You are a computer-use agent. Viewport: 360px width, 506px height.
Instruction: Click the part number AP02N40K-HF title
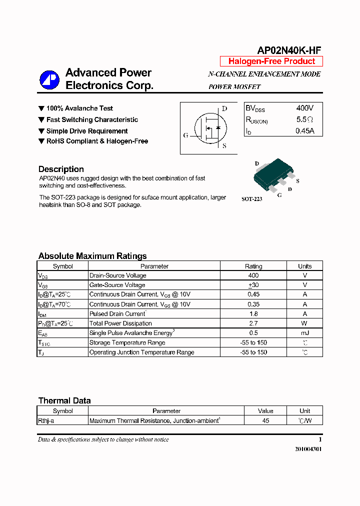[x=288, y=50]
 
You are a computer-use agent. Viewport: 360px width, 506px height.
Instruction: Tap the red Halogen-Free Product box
[x=271, y=61]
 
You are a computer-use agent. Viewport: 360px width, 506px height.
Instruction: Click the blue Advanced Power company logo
[x=49, y=79]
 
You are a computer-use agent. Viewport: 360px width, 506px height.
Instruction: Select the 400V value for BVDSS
[x=304, y=108]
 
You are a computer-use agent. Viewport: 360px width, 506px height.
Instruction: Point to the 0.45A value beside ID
[x=304, y=131]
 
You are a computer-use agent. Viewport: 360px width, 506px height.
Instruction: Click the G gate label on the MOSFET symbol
[x=185, y=135]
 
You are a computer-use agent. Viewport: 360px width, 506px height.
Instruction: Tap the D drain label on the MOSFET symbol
[x=224, y=108]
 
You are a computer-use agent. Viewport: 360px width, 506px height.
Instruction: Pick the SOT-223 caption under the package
[x=251, y=199]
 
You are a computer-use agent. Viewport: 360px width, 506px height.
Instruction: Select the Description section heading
[x=61, y=169]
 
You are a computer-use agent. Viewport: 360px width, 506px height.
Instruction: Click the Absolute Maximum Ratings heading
[x=92, y=256]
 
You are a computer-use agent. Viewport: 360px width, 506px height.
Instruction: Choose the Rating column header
[x=253, y=266]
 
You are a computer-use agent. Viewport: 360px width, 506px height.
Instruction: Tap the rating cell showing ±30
[x=253, y=285]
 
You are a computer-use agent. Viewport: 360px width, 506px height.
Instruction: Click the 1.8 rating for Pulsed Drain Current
[x=253, y=314]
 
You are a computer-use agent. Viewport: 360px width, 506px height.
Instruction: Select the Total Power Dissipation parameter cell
[x=120, y=323]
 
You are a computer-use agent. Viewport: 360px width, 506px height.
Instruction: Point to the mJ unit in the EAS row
[x=304, y=333]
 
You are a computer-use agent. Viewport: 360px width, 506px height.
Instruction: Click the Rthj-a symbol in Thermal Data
[x=46, y=421]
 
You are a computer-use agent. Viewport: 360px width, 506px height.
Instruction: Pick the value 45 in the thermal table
[x=265, y=421]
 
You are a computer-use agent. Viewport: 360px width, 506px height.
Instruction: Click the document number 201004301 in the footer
[x=308, y=449]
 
